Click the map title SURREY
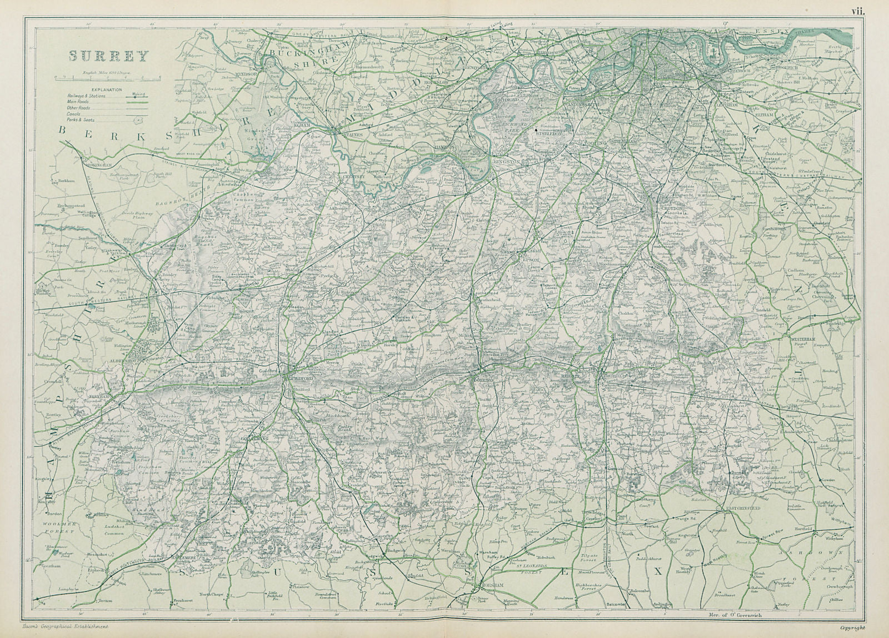click(x=109, y=56)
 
